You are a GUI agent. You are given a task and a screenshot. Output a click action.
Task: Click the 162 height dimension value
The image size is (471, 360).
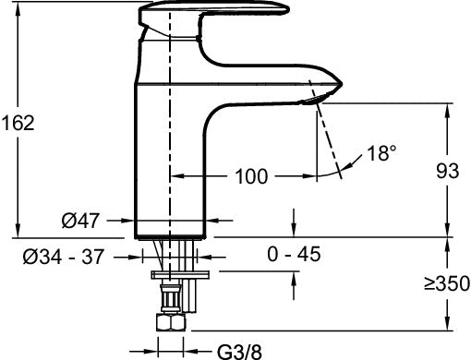(x=18, y=122)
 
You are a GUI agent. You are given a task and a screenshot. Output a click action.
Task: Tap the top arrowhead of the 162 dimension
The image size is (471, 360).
(x=17, y=8)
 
